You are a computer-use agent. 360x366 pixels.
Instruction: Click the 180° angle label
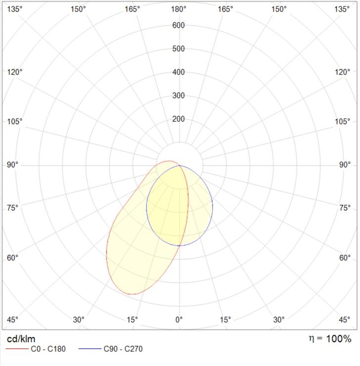tap(179, 9)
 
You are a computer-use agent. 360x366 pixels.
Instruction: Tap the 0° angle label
tap(179, 320)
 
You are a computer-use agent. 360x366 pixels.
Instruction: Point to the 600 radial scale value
tap(179, 25)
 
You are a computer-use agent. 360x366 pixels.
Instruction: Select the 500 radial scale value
tap(179, 48)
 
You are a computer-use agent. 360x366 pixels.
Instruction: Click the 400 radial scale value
tap(179, 72)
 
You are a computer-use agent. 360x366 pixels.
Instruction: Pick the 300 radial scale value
tap(179, 95)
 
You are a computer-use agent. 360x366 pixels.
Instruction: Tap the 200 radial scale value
tap(179, 119)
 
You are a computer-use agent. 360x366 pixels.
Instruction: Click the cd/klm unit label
tap(21, 339)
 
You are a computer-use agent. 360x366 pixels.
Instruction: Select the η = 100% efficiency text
tap(330, 339)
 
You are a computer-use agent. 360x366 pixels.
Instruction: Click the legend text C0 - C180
tap(48, 349)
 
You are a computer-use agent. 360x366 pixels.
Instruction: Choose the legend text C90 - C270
tap(123, 349)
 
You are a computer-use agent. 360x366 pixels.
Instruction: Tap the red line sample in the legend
tap(17, 349)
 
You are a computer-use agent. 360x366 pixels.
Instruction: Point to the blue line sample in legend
tap(90, 349)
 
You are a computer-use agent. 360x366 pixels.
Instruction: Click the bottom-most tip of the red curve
tap(132, 294)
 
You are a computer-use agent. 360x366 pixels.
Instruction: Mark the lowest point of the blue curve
tap(180, 245)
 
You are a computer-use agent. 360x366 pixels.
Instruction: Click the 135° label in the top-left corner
tap(15, 9)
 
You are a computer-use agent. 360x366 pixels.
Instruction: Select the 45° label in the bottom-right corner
tap(345, 320)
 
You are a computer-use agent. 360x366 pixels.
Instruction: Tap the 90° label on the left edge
tap(12, 165)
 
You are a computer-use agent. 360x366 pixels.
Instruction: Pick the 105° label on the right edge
tap(343, 121)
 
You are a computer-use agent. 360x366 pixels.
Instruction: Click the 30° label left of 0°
tap(79, 320)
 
